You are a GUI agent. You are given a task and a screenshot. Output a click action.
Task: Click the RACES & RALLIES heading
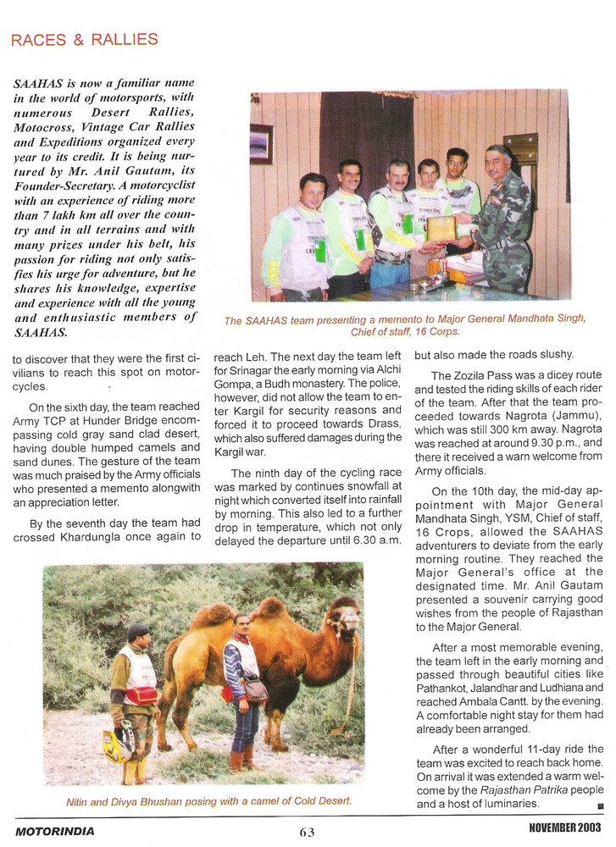click(85, 40)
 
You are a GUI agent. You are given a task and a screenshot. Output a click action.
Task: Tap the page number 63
click(307, 832)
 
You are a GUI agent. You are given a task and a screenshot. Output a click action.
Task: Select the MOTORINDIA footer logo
click(54, 832)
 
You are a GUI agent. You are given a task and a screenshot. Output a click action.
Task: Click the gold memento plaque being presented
click(441, 228)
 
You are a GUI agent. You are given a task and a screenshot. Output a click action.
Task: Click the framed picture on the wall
click(261, 143)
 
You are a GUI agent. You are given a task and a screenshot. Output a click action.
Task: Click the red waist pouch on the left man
click(142, 695)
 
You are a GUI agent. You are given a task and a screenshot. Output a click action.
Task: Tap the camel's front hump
click(271, 607)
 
